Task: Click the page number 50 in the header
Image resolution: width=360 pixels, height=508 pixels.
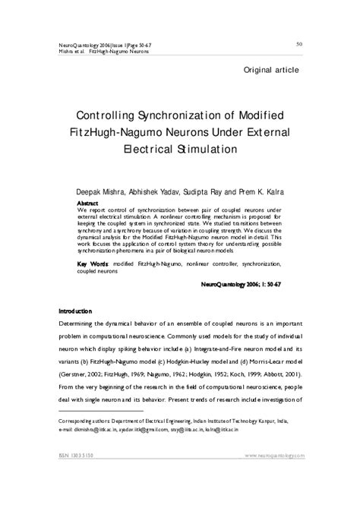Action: point(300,44)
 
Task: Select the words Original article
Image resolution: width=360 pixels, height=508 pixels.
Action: point(271,71)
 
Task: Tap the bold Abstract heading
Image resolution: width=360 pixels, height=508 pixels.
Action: point(89,204)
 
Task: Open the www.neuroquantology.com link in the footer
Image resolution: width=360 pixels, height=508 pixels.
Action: point(274,456)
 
